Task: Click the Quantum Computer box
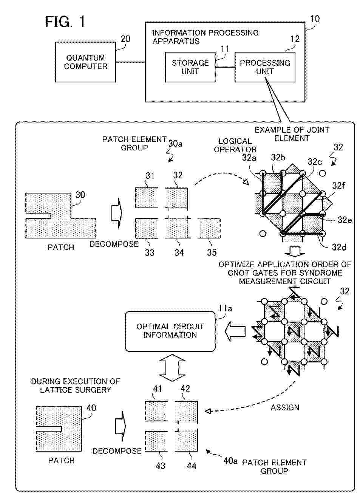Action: click(x=85, y=62)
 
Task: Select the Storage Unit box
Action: click(x=190, y=67)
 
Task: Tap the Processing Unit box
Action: click(x=265, y=67)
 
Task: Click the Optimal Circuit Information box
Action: click(x=170, y=331)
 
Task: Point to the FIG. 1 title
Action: click(x=65, y=22)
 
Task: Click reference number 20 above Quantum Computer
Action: click(x=125, y=39)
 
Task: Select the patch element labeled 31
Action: click(x=146, y=198)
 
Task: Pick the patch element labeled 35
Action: click(x=209, y=228)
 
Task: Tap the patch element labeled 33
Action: click(x=146, y=228)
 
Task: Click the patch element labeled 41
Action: click(x=156, y=411)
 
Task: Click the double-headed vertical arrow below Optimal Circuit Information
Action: click(x=172, y=368)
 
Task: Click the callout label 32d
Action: click(x=339, y=247)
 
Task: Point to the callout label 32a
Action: click(x=249, y=158)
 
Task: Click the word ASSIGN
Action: click(x=285, y=407)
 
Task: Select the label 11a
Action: click(x=226, y=308)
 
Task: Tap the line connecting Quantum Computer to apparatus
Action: click(x=130, y=62)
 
